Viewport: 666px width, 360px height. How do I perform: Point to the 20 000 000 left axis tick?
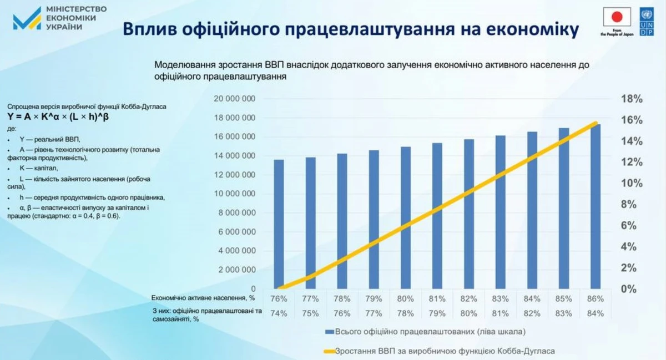point(234,99)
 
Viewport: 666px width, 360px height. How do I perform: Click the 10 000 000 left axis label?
point(234,194)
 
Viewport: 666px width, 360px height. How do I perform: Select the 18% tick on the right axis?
point(630,99)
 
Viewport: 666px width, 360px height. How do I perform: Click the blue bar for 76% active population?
point(279,224)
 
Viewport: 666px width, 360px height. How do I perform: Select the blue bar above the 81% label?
point(437,216)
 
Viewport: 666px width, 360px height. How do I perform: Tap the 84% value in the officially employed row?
point(595,313)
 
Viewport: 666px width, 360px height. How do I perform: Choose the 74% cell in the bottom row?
point(279,313)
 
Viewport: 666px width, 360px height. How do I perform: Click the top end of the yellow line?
point(596,123)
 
